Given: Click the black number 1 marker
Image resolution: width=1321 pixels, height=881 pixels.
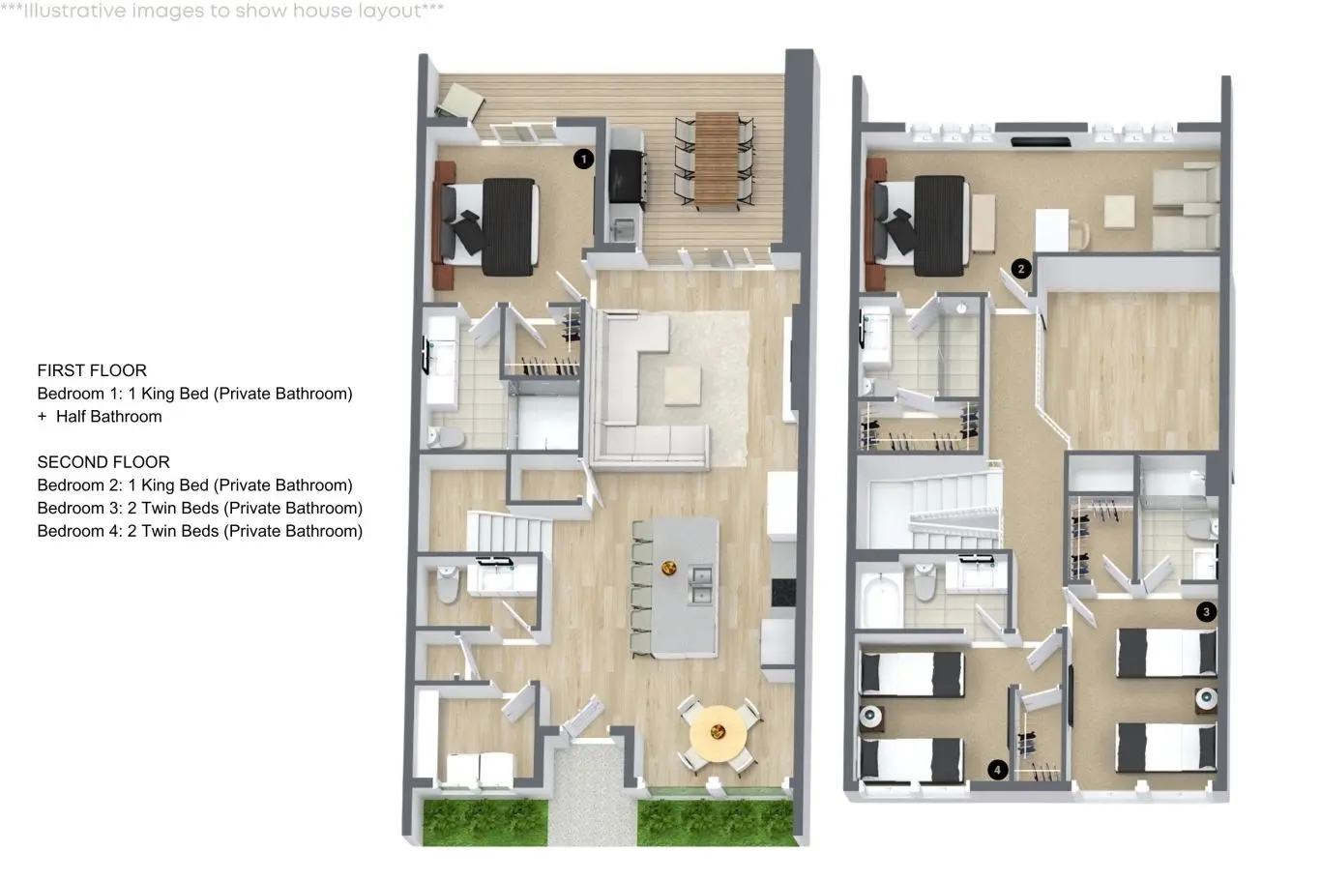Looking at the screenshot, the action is tap(584, 159).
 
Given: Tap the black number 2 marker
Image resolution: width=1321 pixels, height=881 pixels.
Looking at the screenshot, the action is tap(1021, 269).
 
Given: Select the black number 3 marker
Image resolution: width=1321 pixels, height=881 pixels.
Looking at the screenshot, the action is tap(1206, 611).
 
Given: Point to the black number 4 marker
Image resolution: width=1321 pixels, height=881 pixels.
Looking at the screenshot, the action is tap(998, 770).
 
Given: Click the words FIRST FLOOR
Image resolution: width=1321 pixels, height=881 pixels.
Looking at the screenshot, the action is tap(92, 370).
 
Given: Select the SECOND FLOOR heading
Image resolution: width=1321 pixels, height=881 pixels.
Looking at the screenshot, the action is tap(103, 461).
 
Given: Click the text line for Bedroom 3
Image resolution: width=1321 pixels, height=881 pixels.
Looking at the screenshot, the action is tap(200, 508).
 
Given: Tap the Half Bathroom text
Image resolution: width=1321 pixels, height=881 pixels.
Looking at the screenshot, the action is tap(109, 416).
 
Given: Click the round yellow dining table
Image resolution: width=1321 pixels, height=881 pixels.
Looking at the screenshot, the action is tap(719, 734).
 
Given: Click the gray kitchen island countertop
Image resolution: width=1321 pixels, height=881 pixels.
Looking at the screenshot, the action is tap(686, 587).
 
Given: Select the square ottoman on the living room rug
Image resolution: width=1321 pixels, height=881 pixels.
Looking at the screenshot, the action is tap(683, 385).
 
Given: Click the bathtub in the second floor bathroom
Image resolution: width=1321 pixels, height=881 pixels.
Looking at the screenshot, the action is tap(880, 601).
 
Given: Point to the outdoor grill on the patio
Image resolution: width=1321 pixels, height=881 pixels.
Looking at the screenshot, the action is tap(628, 176).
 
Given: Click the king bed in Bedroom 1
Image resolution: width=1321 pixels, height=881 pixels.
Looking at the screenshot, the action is tap(489, 227).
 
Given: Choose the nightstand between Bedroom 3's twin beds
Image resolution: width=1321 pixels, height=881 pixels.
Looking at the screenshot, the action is tap(1206, 700).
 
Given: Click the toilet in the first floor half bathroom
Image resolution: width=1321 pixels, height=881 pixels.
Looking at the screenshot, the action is tap(448, 584).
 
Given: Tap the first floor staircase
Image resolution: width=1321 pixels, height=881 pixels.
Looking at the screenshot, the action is tap(510, 534).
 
